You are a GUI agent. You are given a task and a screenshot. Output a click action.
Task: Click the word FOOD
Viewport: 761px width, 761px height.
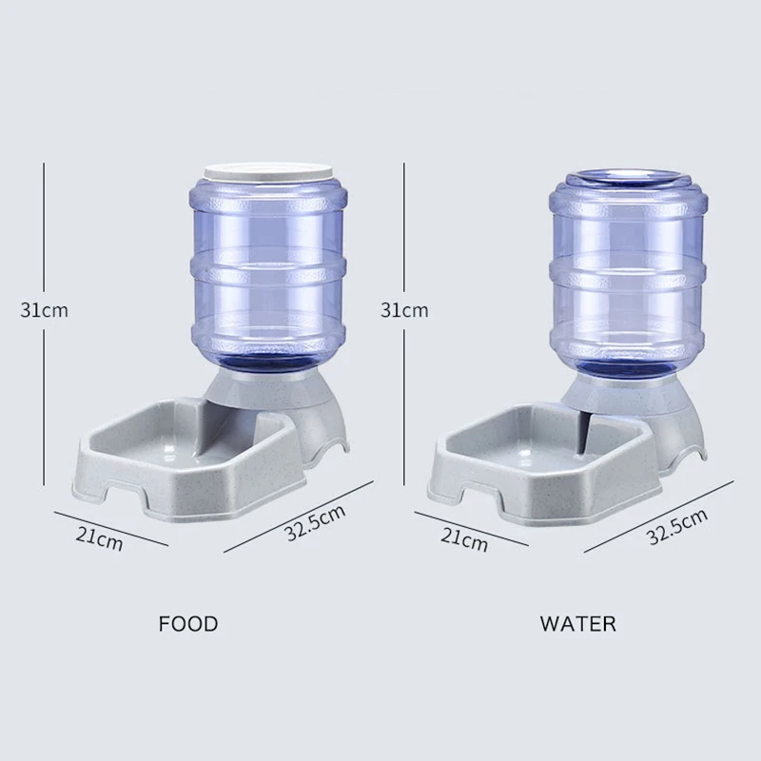point(188,624)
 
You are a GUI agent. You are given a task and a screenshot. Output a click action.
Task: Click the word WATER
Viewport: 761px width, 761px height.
point(577,624)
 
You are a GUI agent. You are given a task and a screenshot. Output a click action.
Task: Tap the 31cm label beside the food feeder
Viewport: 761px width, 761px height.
point(46,309)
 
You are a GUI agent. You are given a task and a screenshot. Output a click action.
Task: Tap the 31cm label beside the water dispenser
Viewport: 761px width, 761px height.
point(404,309)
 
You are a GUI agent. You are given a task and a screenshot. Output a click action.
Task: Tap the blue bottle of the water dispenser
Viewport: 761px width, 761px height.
point(629,276)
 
